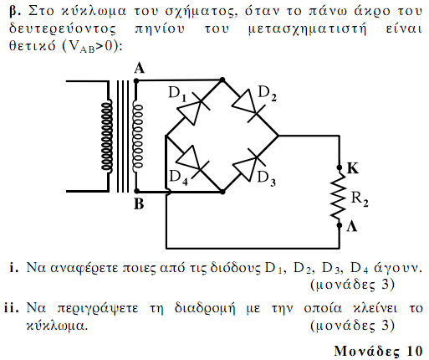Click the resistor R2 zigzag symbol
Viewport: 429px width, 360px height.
(x=340, y=197)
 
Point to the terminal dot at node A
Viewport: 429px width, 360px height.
(x=136, y=81)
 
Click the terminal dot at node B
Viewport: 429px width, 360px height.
(x=136, y=191)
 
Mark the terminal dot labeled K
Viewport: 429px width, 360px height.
(x=340, y=167)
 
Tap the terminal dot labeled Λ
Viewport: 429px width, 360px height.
(x=340, y=225)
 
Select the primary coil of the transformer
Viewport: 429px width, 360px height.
(x=107, y=136)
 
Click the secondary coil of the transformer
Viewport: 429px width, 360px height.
(x=137, y=136)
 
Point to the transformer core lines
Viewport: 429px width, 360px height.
(x=123, y=136)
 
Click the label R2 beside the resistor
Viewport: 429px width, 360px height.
(x=360, y=199)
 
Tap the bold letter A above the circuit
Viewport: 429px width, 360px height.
(x=140, y=68)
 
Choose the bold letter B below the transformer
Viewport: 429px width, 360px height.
(x=139, y=204)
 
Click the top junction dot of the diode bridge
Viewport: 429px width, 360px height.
(x=222, y=80)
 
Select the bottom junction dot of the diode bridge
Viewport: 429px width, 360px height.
(x=222, y=192)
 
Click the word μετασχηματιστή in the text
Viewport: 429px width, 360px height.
(x=307, y=29)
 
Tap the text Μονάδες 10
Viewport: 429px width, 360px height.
(x=378, y=351)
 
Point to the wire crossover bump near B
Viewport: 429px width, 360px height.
(x=169, y=192)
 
